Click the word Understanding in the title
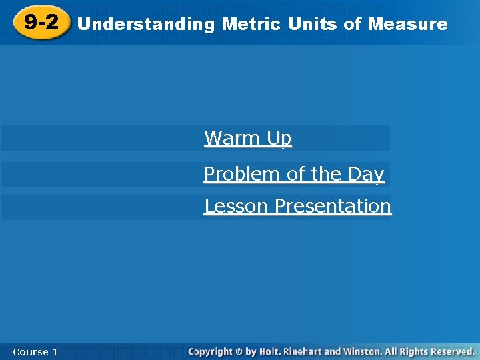tap(146, 25)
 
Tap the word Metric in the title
tap(252, 25)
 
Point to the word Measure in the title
tap(407, 25)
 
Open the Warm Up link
tap(248, 139)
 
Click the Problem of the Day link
tap(294, 175)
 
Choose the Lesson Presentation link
tap(297, 207)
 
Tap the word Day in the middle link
tap(365, 175)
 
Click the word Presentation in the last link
tap(333, 207)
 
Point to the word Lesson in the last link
tap(237, 207)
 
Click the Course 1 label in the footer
tap(35, 351)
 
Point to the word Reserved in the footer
tap(451, 351)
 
